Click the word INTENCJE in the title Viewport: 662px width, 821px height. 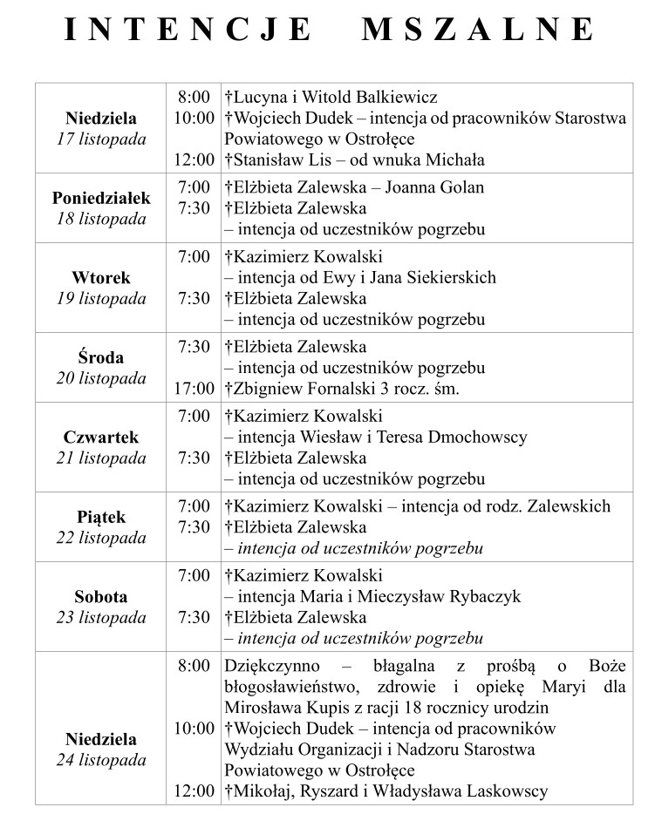coord(188,30)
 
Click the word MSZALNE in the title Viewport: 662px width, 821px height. coord(477,30)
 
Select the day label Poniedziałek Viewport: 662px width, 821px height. coord(101,198)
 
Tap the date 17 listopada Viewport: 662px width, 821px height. coord(101,139)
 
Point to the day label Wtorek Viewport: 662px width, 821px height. coord(101,278)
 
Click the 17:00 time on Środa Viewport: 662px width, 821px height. coord(194,389)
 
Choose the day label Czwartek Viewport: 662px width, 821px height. coord(101,438)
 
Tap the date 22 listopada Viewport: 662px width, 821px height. coord(101,538)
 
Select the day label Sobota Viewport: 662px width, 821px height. coord(101,597)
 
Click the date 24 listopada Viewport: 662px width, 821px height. coord(101,761)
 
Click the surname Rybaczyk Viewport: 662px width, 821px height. coord(480,597)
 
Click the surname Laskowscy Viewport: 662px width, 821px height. coord(498,791)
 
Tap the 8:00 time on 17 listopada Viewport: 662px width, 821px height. coord(194,97)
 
